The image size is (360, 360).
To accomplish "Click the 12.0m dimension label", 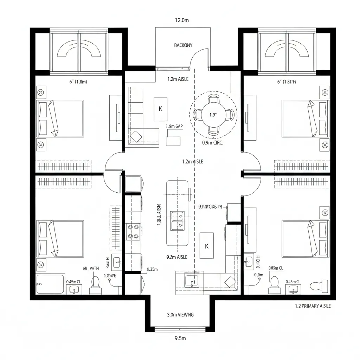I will pos(182,20).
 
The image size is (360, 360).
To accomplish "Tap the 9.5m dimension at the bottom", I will pos(180,339).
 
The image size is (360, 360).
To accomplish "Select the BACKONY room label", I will pos(183,45).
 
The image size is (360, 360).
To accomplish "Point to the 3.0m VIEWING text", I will pos(180,315).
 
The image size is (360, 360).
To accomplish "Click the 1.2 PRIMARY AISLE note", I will pos(313,306).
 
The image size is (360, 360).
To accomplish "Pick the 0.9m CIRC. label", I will pos(213,143).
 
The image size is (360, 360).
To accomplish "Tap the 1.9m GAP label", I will pos(174,126).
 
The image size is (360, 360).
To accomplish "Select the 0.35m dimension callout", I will pos(152,270).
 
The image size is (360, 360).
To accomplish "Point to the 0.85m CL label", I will pos(276,268).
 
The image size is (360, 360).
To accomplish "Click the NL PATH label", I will pos(91,268).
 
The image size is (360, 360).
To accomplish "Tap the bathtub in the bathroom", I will pos(50,284).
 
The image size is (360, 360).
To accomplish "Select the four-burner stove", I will pos(133,232).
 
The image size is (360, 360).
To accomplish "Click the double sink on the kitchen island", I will pos(177,221).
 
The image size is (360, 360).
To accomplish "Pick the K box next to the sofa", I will pos(161,109).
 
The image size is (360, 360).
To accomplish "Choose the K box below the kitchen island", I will pos(207,246).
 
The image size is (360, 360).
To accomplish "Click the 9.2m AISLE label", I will pos(176,257).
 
